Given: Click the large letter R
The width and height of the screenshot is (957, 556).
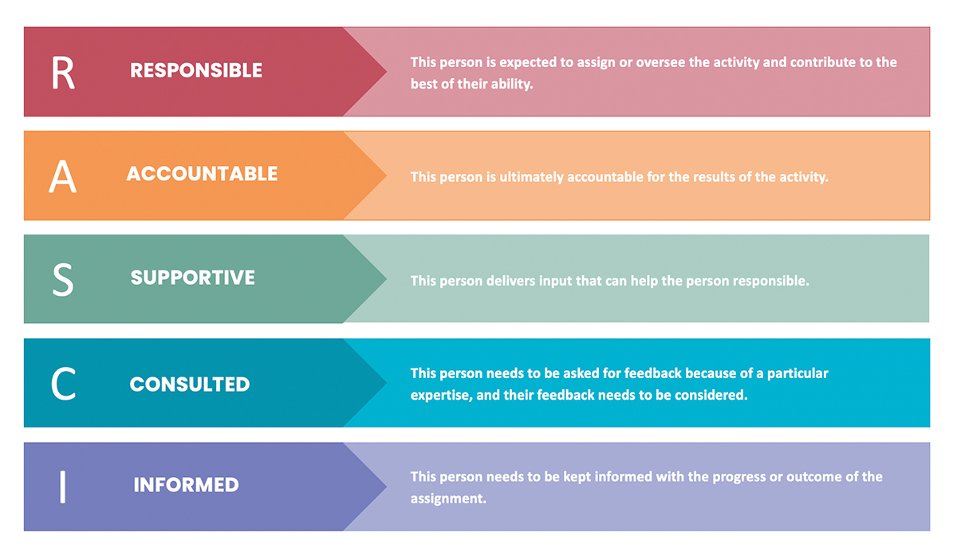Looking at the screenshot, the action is pyautogui.click(x=63, y=73).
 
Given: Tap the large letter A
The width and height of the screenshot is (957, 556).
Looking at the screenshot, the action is pyautogui.click(x=62, y=176).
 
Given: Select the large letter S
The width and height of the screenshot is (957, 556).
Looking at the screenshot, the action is pyautogui.click(x=63, y=279).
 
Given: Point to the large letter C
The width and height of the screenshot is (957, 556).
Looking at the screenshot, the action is pyautogui.click(x=63, y=384).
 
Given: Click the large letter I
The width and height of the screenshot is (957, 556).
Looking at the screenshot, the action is pyautogui.click(x=63, y=487).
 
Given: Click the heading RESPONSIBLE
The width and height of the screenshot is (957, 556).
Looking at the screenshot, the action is pyautogui.click(x=196, y=70).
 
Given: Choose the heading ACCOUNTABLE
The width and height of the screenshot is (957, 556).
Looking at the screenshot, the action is pyautogui.click(x=202, y=174).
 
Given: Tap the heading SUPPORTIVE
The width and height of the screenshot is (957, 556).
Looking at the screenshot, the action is pyautogui.click(x=193, y=278).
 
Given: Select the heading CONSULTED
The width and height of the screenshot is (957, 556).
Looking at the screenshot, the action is pyautogui.click(x=190, y=384).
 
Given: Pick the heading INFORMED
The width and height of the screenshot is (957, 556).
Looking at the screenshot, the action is pyautogui.click(x=187, y=485).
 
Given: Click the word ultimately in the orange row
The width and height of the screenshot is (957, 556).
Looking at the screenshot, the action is pyautogui.click(x=531, y=177).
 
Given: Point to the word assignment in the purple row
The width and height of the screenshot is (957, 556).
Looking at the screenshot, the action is pyautogui.click(x=448, y=499).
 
